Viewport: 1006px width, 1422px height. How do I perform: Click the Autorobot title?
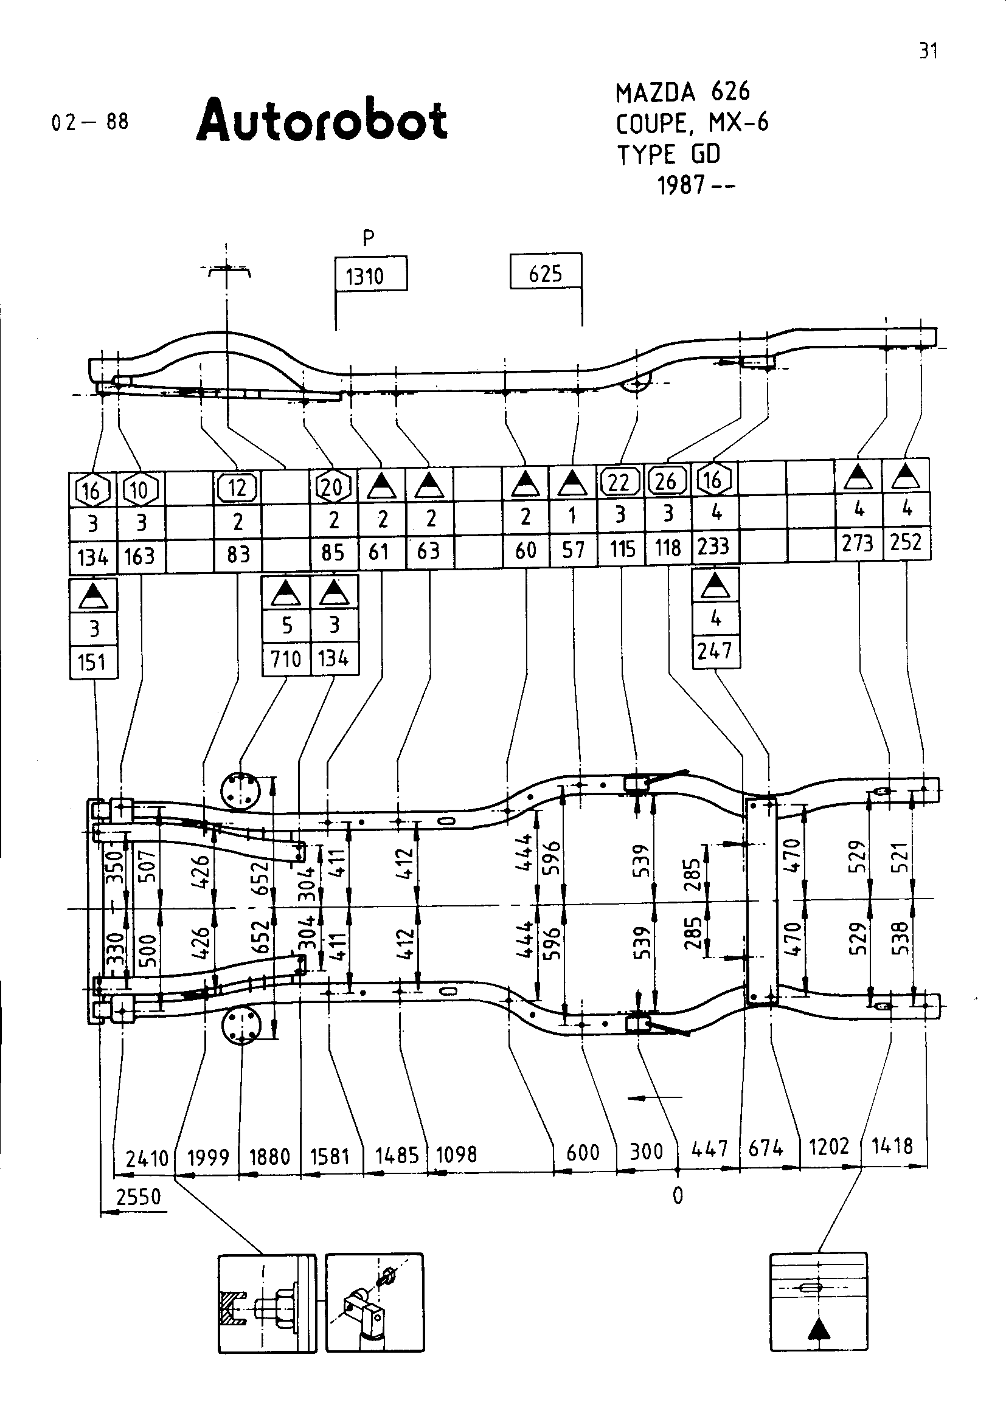(x=322, y=120)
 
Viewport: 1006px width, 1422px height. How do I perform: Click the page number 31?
(x=928, y=51)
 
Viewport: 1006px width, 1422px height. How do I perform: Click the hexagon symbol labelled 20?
(x=333, y=488)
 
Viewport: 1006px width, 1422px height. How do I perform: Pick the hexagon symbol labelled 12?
(x=238, y=488)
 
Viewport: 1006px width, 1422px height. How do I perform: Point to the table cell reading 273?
(x=859, y=543)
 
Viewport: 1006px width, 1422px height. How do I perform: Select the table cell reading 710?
(x=286, y=658)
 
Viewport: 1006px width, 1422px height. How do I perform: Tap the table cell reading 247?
(x=715, y=651)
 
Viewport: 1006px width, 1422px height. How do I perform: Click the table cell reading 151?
(x=92, y=663)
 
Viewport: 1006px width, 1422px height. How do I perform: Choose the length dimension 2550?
(x=139, y=1196)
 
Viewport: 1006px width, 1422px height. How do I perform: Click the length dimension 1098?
(x=457, y=1155)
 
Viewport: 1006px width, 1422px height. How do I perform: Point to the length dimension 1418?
(x=893, y=1147)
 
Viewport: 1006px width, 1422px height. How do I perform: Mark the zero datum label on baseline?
(x=678, y=1196)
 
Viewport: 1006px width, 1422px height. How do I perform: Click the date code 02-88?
(x=91, y=122)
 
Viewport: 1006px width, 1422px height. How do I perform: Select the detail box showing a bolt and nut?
(x=267, y=1302)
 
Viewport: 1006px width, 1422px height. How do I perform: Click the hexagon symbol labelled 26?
(x=667, y=481)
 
